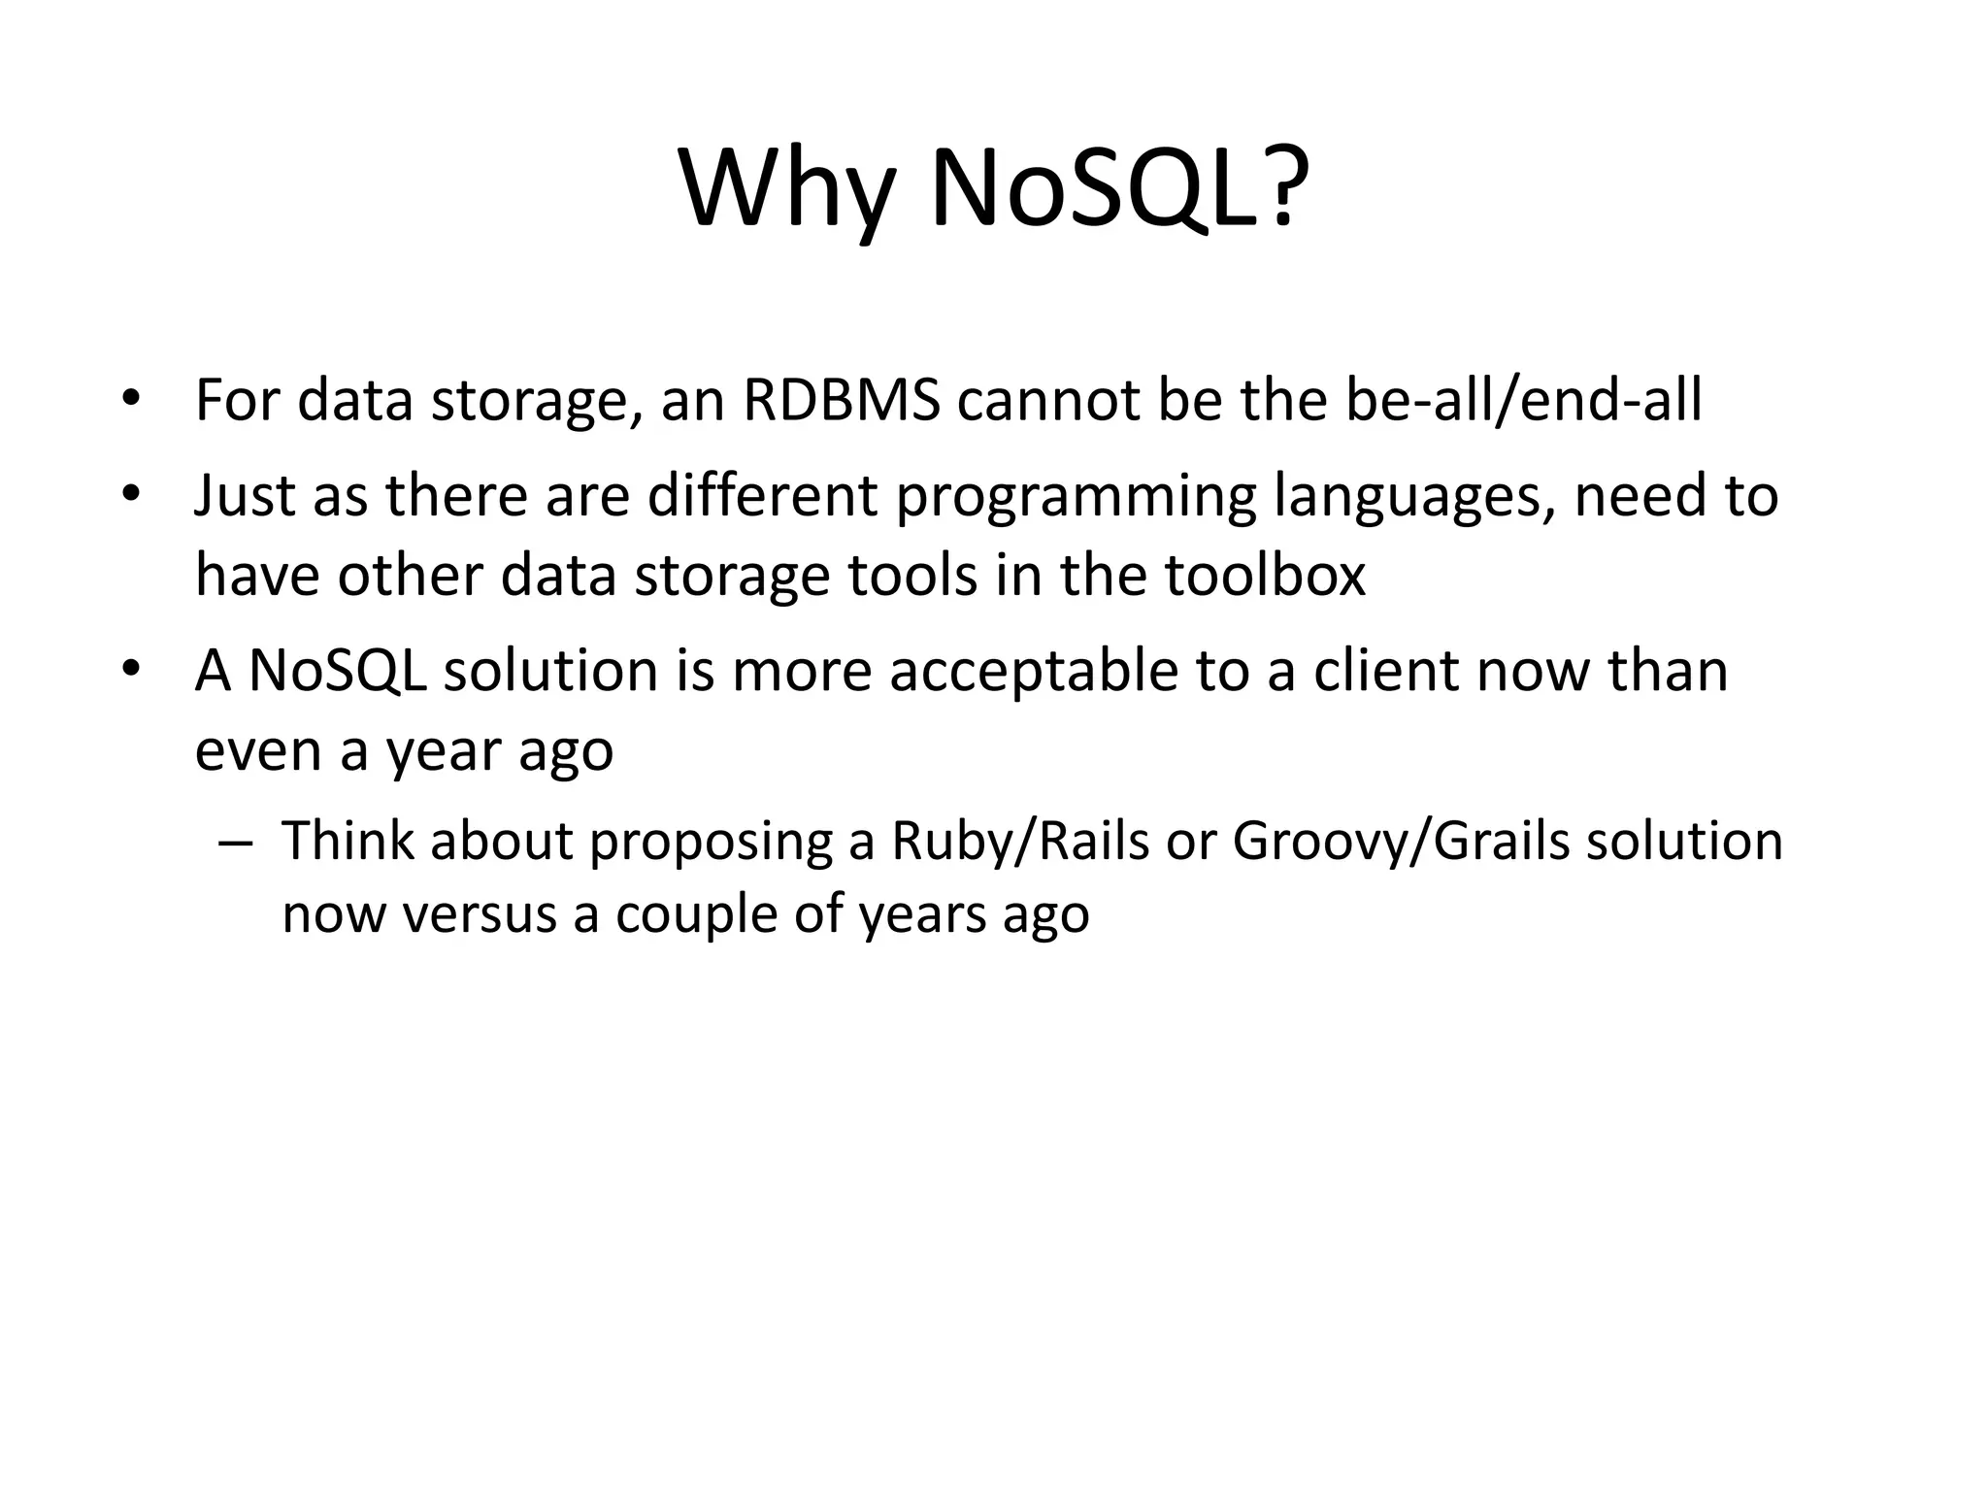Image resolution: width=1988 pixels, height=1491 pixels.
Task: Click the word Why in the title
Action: [784, 189]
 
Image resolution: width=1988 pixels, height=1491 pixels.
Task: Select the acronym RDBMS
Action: [842, 399]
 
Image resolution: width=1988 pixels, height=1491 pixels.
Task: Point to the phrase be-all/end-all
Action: [1523, 399]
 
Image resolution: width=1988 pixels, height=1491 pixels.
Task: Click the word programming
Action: [1076, 497]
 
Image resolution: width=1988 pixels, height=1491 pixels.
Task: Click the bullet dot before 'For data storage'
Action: [131, 400]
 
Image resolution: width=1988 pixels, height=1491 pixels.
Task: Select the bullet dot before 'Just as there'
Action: [131, 496]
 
